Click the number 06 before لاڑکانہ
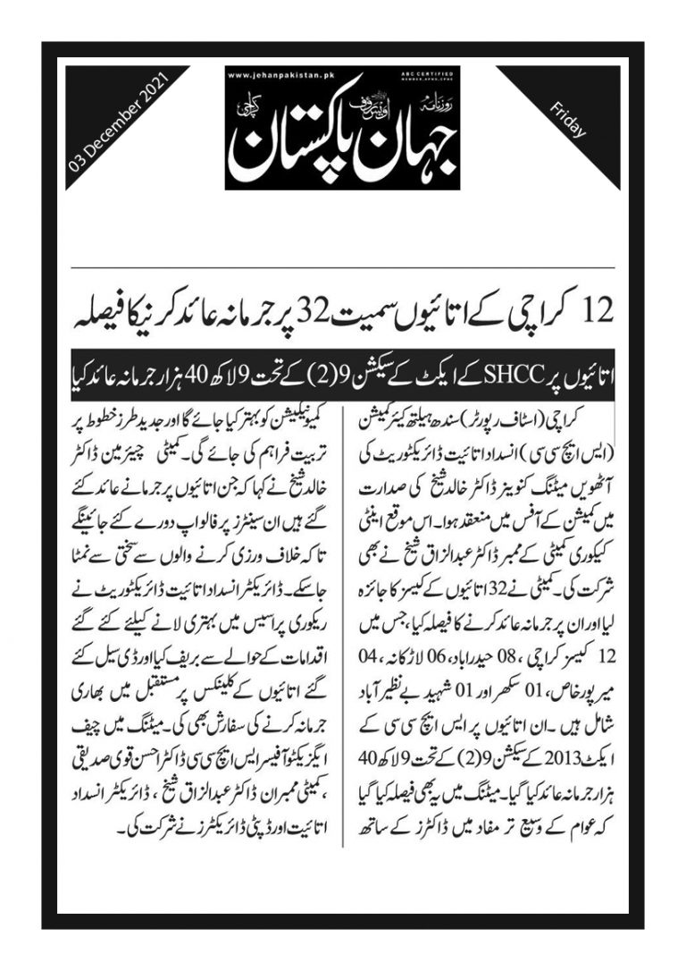(431, 660)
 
